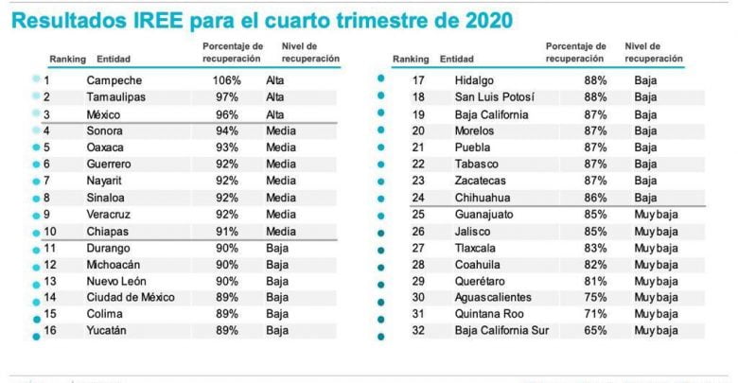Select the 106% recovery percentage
click(x=227, y=80)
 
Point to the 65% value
click(x=595, y=331)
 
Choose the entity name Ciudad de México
click(x=131, y=297)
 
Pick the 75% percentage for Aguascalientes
click(x=595, y=297)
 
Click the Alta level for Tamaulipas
click(x=275, y=97)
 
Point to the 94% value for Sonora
click(x=227, y=131)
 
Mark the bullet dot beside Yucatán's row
click(x=35, y=334)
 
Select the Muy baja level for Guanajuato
click(x=657, y=215)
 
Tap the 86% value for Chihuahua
click(x=595, y=198)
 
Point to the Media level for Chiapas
click(x=280, y=231)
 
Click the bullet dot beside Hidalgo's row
click(x=380, y=80)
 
